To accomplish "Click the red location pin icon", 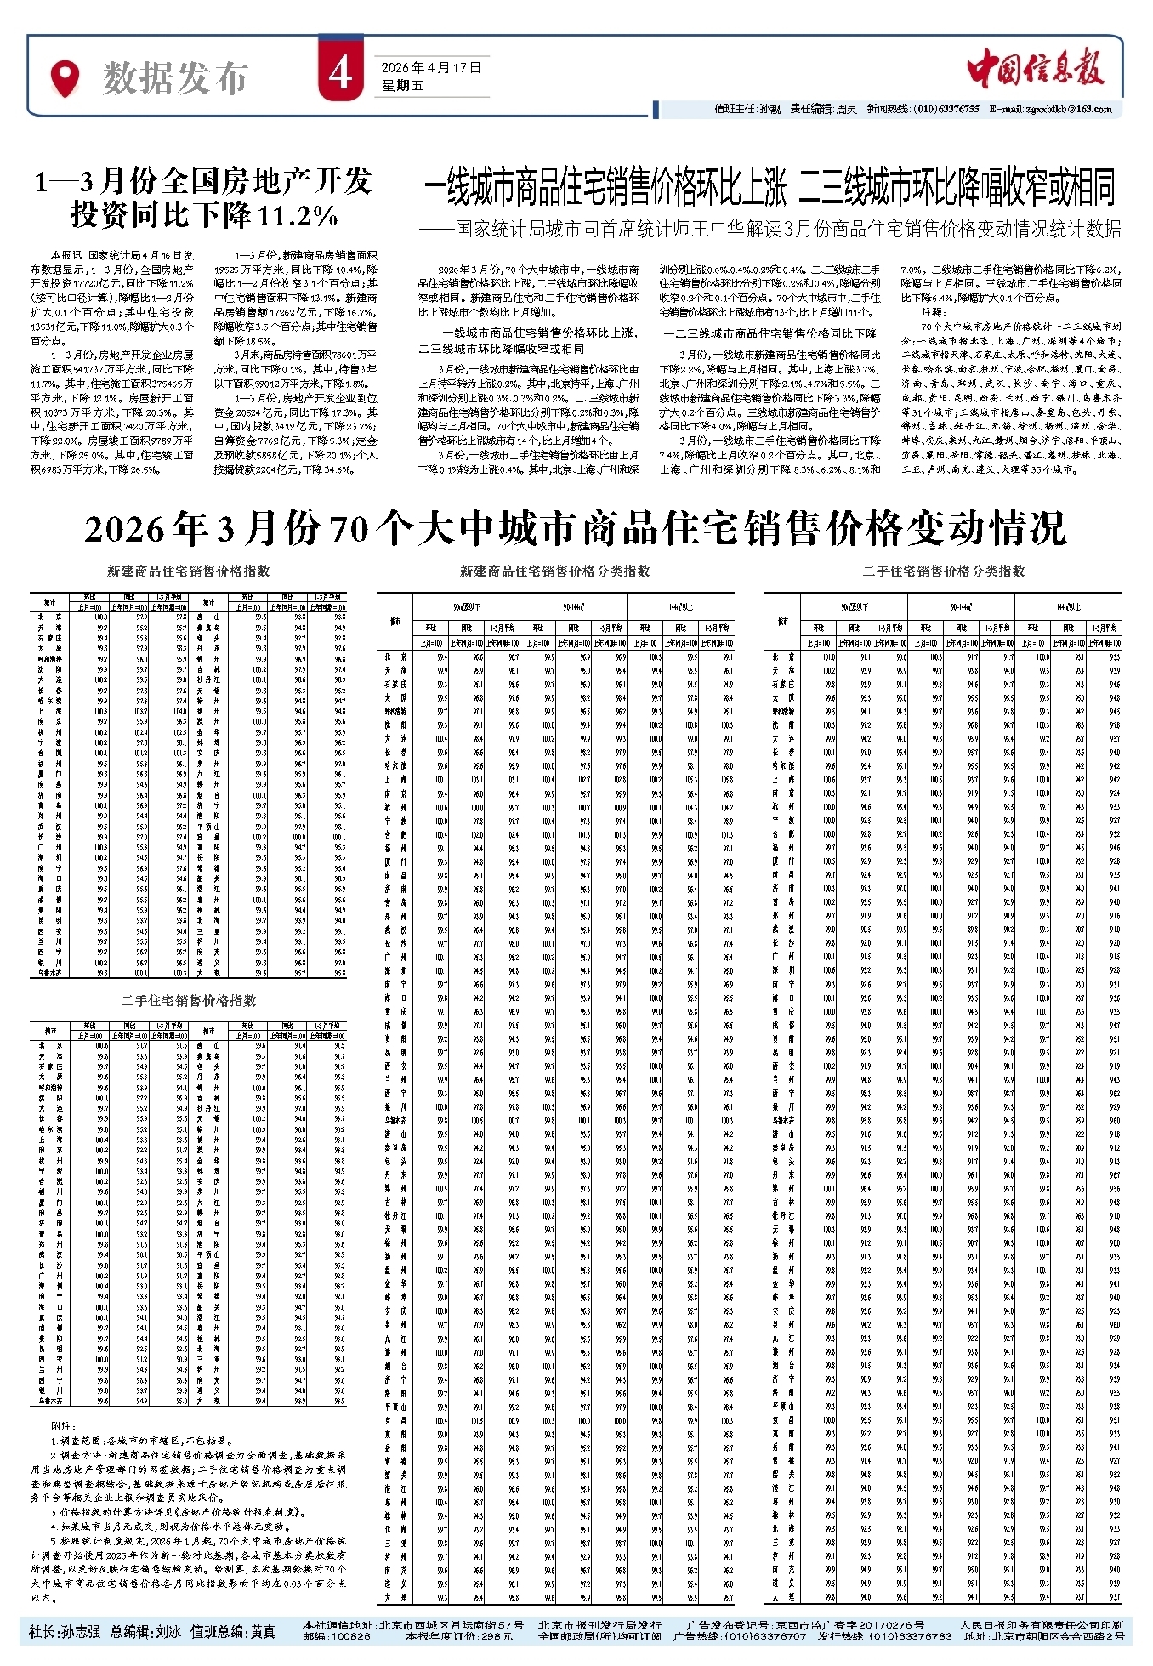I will click(64, 78).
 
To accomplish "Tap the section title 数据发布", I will click(175, 79).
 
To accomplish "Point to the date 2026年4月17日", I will click(431, 67).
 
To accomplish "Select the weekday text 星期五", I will click(402, 85).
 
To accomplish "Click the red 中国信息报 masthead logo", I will click(1036, 65).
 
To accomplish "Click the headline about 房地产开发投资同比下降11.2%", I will click(204, 197).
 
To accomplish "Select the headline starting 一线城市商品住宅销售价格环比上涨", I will click(770, 188).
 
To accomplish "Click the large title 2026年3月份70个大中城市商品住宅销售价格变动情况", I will click(576, 529).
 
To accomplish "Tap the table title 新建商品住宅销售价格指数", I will click(188, 571).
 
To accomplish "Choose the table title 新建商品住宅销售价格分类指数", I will click(554, 571).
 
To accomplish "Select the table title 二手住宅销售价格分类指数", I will click(943, 571).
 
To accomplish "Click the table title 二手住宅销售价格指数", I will click(188, 1001).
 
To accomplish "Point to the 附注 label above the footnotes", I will click(63, 1426).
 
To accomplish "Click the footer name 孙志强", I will click(80, 1631).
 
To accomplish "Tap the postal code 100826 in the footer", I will click(349, 1636).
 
